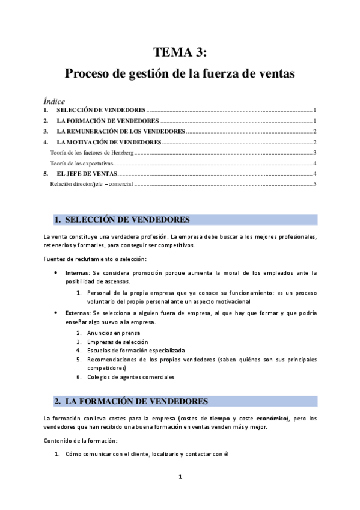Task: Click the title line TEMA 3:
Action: [x=180, y=54]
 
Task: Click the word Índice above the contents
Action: [x=54, y=101]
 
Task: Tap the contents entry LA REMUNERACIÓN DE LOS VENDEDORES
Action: [x=120, y=131]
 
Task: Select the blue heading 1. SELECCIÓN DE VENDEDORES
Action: [x=128, y=220]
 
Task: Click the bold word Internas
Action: [x=78, y=273]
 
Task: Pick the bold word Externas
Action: [x=78, y=313]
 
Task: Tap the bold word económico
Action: [x=272, y=418]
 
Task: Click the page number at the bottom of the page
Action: [x=180, y=477]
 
